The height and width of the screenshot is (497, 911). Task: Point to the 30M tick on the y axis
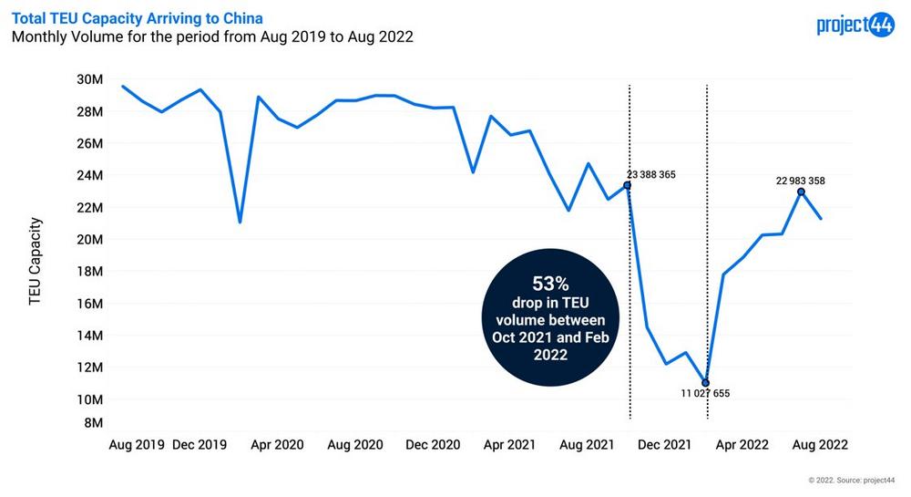pyautogui.click(x=89, y=79)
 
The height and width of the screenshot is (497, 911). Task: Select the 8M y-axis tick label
pyautogui.click(x=92, y=423)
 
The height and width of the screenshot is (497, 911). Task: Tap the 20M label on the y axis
pyautogui.click(x=89, y=240)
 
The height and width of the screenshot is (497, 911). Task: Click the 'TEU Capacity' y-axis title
pyautogui.click(x=36, y=261)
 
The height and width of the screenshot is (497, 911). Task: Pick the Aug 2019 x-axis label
pyautogui.click(x=137, y=445)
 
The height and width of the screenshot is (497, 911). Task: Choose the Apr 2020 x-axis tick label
pyautogui.click(x=276, y=445)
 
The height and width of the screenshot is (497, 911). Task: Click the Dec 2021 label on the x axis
pyautogui.click(x=664, y=445)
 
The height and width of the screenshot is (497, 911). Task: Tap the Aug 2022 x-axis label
pyautogui.click(x=820, y=445)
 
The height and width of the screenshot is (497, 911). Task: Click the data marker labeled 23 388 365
pyautogui.click(x=627, y=185)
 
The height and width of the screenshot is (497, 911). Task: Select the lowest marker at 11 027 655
pyautogui.click(x=706, y=383)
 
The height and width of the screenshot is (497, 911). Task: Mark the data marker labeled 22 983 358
pyautogui.click(x=801, y=192)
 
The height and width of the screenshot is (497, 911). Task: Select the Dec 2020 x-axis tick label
pyautogui.click(x=434, y=445)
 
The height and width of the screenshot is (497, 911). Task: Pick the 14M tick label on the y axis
pyautogui.click(x=89, y=336)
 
